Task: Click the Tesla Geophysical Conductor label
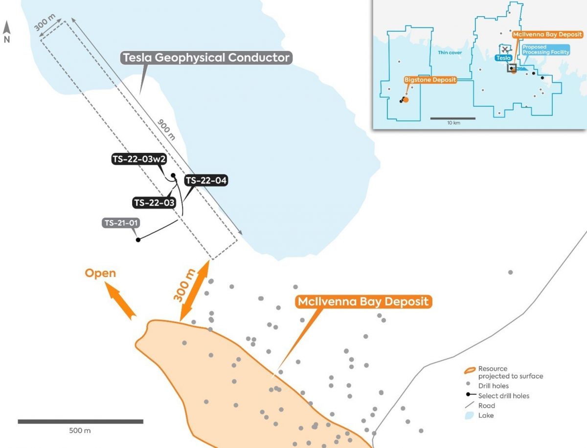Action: tap(206, 58)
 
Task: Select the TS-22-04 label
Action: tap(206, 180)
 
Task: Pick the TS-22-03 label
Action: tap(154, 202)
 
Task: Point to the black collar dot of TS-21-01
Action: tap(138, 240)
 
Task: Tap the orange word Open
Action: tap(100, 273)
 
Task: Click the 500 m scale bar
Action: tap(80, 421)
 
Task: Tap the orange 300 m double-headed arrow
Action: tap(195, 291)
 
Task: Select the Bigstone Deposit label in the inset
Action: tap(430, 80)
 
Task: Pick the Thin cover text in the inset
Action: tap(450, 52)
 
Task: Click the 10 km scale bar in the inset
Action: tap(452, 118)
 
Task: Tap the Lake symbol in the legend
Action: tap(471, 415)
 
